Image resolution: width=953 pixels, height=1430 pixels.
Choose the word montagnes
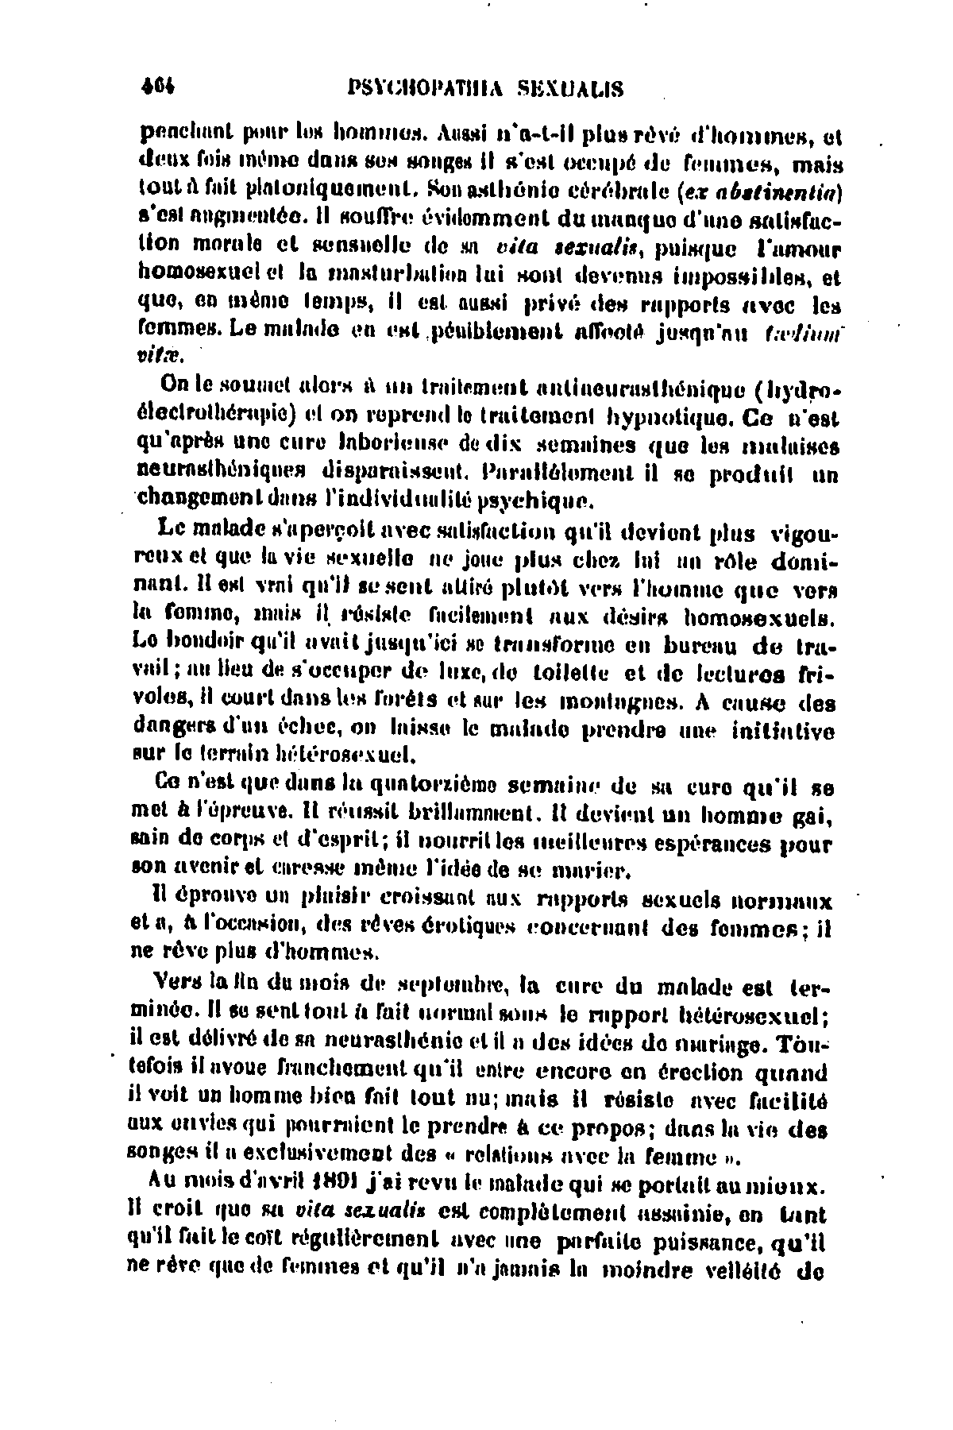tap(618, 701)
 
